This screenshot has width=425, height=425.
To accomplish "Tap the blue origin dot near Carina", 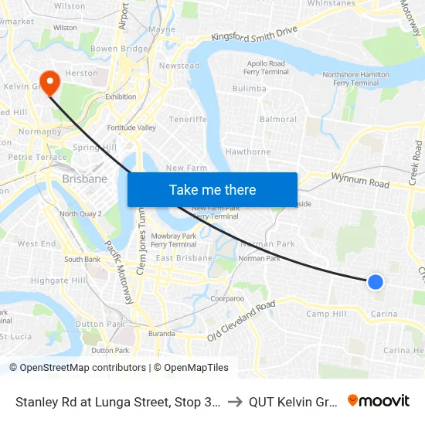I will (376, 282).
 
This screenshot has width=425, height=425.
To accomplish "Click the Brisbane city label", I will (84, 179).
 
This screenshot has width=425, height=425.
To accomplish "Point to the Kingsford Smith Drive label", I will (254, 34).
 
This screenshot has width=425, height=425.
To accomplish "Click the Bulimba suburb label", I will (250, 89).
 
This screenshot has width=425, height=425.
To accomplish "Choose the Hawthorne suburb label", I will (248, 152).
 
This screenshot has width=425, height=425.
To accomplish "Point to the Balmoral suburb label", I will (278, 120).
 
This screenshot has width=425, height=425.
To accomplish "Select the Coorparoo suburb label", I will (227, 297).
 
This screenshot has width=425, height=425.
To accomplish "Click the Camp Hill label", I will (326, 314).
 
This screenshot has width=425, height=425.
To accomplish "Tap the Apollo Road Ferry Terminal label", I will (266, 68).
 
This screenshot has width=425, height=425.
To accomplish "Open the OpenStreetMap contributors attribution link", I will (77, 368).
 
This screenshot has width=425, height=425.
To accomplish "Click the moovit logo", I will (379, 401).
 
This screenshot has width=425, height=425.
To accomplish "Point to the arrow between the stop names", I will (235, 402).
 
